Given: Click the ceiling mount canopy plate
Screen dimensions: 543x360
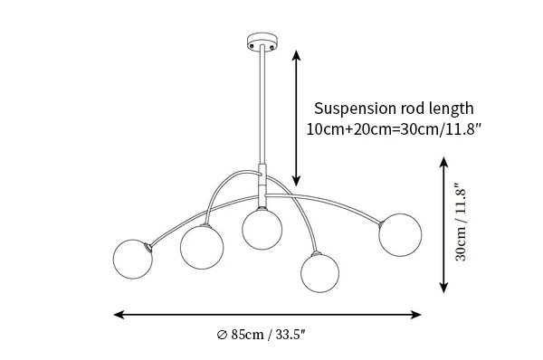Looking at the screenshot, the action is pyautogui.click(x=262, y=42).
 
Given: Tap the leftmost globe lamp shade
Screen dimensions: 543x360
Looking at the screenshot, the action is pyautogui.click(x=133, y=259).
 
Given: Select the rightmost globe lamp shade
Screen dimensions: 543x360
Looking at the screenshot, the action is pyautogui.click(x=400, y=235).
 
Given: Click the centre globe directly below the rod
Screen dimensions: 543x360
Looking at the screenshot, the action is pyautogui.click(x=262, y=230).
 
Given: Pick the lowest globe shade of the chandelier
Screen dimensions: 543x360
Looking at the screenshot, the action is pyautogui.click(x=320, y=273).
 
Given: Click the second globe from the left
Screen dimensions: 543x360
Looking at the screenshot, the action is pyautogui.click(x=202, y=247).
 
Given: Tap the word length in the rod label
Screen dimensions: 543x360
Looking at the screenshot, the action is pyautogui.click(x=452, y=109).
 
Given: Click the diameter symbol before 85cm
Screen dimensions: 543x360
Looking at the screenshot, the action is pyautogui.click(x=222, y=335).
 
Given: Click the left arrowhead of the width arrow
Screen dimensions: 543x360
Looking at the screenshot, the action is pyautogui.click(x=119, y=315).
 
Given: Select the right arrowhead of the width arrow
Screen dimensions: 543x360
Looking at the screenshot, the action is pyautogui.click(x=416, y=315).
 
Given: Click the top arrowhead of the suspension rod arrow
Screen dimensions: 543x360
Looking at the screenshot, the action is pyautogui.click(x=296, y=55).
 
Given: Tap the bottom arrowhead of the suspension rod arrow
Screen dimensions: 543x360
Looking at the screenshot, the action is pyautogui.click(x=296, y=181).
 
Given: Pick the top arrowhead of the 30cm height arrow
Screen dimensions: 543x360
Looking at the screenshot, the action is pyautogui.click(x=443, y=162).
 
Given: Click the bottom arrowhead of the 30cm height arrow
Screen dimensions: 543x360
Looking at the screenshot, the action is pyautogui.click(x=443, y=288).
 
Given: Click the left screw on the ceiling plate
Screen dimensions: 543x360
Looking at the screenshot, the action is pyautogui.click(x=252, y=45).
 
